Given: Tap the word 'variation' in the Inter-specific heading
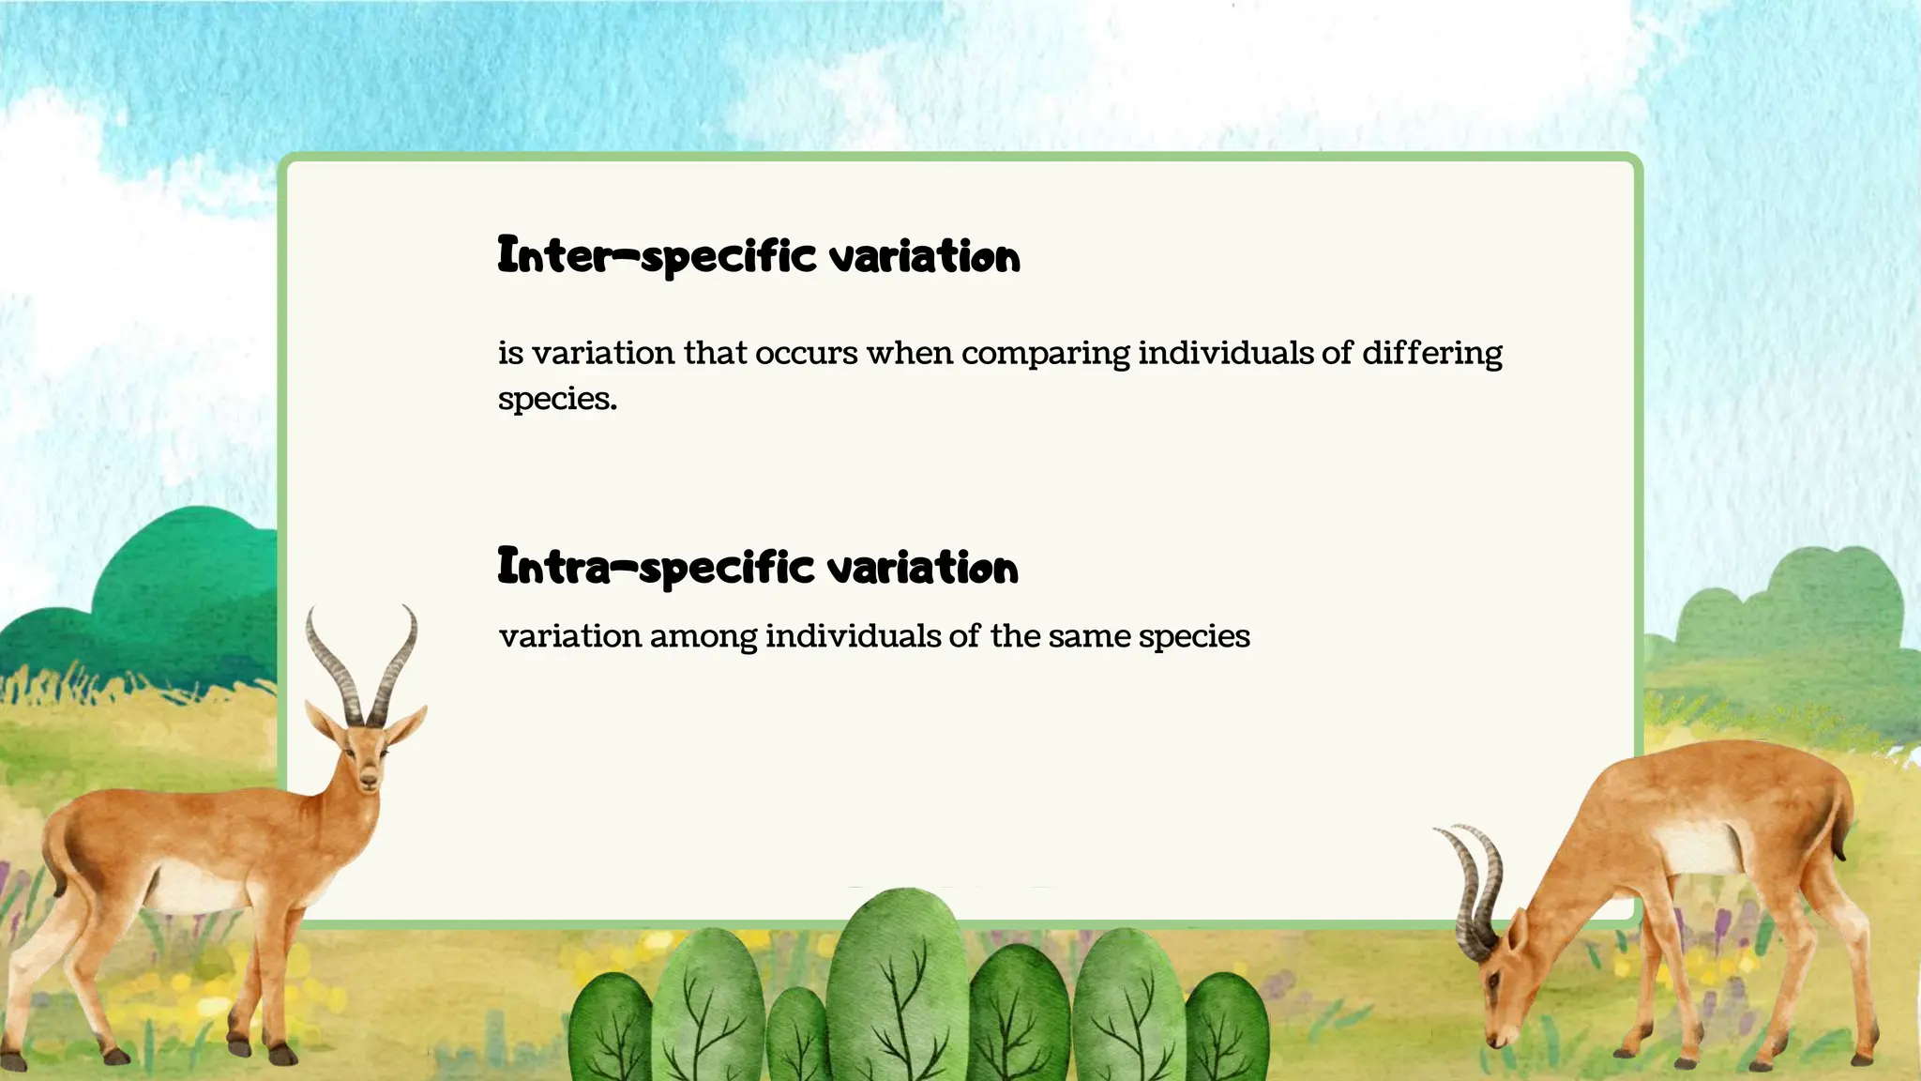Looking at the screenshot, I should pyautogui.click(x=925, y=257).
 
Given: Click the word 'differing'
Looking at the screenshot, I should pyautogui.click(x=1431, y=354).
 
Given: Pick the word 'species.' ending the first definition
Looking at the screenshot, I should pyautogui.click(x=557, y=400).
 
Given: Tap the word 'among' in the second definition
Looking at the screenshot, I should pyautogui.click(x=703, y=637).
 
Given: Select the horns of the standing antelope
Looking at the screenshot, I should pyautogui.click(x=361, y=666).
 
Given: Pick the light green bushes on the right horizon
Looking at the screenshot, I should pyautogui.click(x=1782, y=610).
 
